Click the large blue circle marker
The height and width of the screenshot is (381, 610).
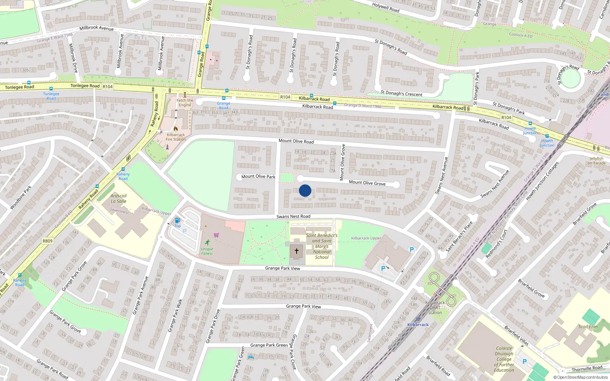point(305,190)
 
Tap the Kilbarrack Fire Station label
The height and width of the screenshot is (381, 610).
point(176,137)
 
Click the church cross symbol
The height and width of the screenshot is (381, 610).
point(297,251)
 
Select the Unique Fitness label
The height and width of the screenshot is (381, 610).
point(207,251)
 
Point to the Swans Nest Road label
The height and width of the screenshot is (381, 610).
point(293,216)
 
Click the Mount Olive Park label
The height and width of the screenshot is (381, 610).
point(258,176)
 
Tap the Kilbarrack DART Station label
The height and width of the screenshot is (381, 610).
point(435,307)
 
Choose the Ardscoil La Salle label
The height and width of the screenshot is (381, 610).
point(119,199)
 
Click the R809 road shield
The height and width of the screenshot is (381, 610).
point(48,241)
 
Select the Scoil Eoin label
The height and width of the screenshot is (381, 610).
point(588,327)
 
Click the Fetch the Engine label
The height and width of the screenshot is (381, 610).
point(185,102)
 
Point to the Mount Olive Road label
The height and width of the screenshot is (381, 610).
point(296,141)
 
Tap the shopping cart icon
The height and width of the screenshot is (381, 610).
point(217,235)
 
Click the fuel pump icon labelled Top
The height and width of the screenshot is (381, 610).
point(177,221)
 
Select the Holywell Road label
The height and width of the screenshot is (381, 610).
point(386,8)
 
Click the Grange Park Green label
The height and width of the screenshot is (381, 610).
point(269,345)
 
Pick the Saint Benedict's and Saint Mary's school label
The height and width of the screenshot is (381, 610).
point(322,246)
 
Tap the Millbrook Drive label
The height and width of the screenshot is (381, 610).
point(73,58)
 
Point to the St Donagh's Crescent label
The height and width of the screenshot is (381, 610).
point(401,93)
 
